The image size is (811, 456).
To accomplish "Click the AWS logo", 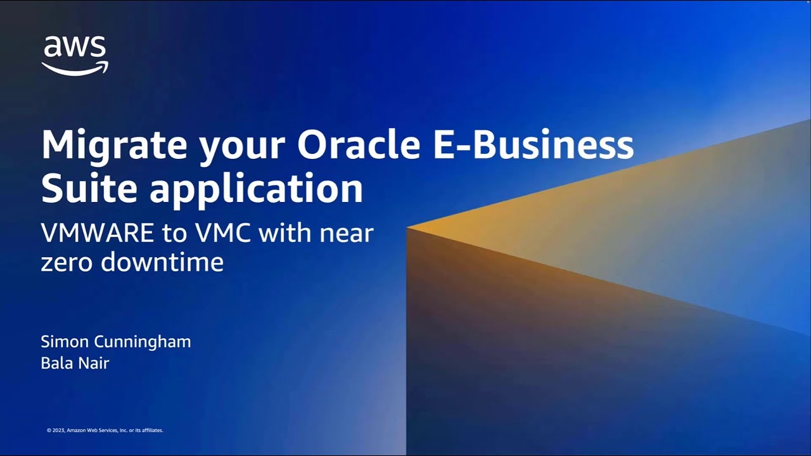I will point(75,55).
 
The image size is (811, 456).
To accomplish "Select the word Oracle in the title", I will point(359,146).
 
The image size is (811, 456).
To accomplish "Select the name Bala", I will point(55,363).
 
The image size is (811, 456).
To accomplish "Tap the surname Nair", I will point(93,363).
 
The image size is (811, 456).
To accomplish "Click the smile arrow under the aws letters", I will point(75,68).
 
